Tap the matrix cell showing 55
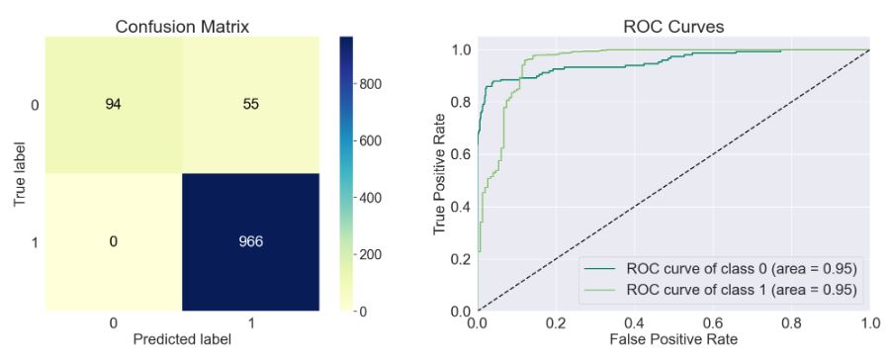click(252, 104)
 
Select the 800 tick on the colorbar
click(373, 84)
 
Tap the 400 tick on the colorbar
click(373, 198)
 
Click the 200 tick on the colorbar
click(373, 254)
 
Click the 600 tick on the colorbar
click(373, 140)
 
